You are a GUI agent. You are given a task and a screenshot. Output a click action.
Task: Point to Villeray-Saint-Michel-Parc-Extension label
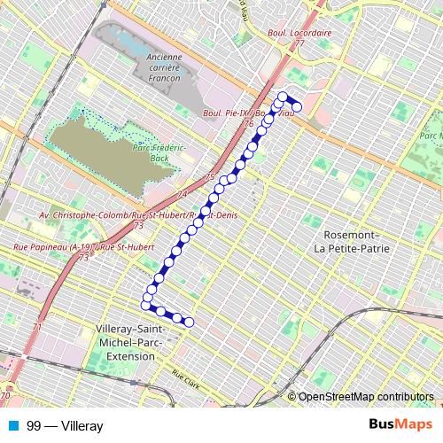123,341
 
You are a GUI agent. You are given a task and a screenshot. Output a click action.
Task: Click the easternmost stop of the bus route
297,107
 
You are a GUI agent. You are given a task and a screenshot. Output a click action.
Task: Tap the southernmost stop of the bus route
189,322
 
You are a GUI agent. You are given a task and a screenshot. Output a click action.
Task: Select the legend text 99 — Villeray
65,426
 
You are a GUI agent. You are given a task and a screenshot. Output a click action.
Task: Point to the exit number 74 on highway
182,194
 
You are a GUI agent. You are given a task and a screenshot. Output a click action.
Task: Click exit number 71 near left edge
38,327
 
